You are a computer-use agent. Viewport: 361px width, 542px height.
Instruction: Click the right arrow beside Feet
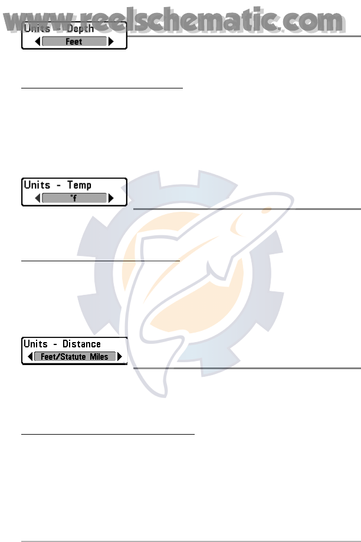[x=111, y=42]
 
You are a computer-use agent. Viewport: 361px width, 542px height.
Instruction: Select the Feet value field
[x=74, y=42]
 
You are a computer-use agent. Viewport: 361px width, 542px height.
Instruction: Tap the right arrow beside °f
[x=111, y=199]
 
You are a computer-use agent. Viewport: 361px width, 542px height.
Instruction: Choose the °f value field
[x=74, y=199]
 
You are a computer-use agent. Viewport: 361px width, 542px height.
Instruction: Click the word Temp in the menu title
[x=78, y=185]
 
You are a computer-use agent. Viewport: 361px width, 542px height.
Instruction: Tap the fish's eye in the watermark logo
[x=237, y=225]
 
